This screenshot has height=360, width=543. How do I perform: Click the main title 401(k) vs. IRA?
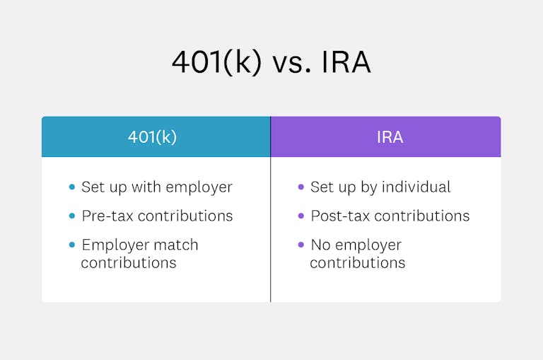pyautogui.click(x=271, y=63)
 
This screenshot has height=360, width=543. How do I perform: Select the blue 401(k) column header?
pyautogui.click(x=156, y=137)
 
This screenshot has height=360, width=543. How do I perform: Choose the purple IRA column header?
pyautogui.click(x=386, y=137)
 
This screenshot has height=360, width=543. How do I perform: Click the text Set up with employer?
pyautogui.click(x=157, y=187)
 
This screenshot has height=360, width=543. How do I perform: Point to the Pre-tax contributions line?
pyautogui.click(x=157, y=216)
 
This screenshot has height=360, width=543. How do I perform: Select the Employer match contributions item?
pyautogui.click(x=140, y=253)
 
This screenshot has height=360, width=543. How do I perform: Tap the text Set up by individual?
pyautogui.click(x=380, y=187)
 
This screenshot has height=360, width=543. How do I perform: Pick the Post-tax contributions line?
pyautogui.click(x=390, y=216)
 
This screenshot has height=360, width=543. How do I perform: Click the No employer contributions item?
pyautogui.click(x=357, y=253)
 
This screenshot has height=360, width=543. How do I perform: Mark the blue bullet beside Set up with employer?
pyautogui.click(x=71, y=187)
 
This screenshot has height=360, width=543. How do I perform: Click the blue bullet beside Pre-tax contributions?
pyautogui.click(x=71, y=216)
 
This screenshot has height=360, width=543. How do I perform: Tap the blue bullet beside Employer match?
pyautogui.click(x=71, y=245)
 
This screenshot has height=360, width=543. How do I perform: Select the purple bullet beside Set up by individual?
pyautogui.click(x=300, y=187)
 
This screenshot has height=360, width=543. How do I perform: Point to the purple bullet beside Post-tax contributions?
pyautogui.click(x=300, y=216)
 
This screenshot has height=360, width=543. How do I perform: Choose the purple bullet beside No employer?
pyautogui.click(x=300, y=245)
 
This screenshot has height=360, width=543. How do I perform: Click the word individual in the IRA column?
pyautogui.click(x=416, y=187)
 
